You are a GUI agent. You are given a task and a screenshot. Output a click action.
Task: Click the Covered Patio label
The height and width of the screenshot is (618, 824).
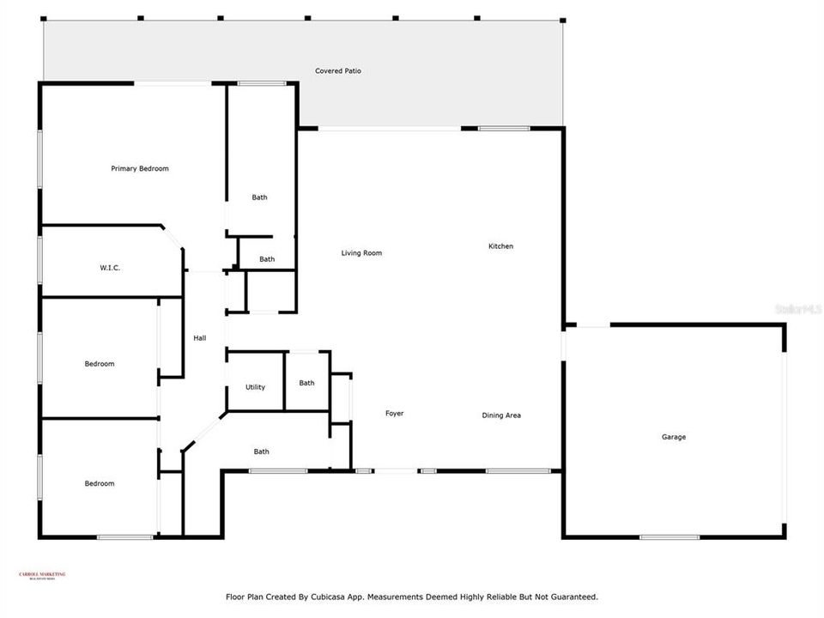click(x=337, y=71)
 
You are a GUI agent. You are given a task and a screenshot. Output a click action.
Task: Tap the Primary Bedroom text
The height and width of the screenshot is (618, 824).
click(x=140, y=169)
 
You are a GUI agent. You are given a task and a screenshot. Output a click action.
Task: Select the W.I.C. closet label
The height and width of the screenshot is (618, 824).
click(x=110, y=268)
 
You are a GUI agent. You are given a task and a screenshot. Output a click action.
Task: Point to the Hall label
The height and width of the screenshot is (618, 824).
click(x=199, y=338)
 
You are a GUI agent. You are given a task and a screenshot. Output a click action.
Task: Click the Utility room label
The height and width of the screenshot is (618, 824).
click(x=255, y=387)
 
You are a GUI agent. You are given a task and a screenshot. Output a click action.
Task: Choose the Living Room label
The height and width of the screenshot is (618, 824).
click(x=361, y=253)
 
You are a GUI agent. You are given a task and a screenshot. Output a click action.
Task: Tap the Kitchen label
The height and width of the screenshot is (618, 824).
click(x=500, y=246)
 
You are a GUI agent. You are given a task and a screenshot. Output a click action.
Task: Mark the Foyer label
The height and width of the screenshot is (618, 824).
click(x=394, y=414)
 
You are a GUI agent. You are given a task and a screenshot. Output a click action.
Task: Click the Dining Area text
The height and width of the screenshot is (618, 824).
click(x=501, y=415)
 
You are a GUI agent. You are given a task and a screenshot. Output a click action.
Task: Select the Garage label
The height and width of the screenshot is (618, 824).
click(x=673, y=437)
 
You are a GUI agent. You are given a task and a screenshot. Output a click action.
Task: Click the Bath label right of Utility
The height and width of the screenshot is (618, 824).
click(x=306, y=383)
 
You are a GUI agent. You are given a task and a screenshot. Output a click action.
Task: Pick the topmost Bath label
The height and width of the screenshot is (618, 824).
click(x=259, y=197)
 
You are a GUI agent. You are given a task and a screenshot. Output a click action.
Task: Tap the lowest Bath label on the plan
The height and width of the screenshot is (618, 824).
click(x=261, y=451)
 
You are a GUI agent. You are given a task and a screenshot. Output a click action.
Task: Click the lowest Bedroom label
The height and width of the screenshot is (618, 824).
click(x=99, y=483)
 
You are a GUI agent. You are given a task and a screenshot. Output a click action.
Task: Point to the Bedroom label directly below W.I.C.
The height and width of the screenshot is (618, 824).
click(x=99, y=364)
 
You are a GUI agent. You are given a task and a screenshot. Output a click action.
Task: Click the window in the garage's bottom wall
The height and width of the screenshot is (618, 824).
click(x=669, y=537)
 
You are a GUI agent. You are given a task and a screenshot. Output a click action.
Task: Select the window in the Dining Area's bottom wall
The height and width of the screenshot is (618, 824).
click(x=518, y=470)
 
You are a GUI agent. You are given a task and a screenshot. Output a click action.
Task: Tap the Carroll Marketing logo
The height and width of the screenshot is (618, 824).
click(x=42, y=576)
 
